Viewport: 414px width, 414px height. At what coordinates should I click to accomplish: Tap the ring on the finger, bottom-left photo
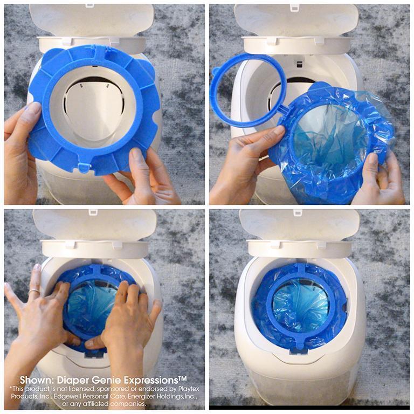coord(33,292)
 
